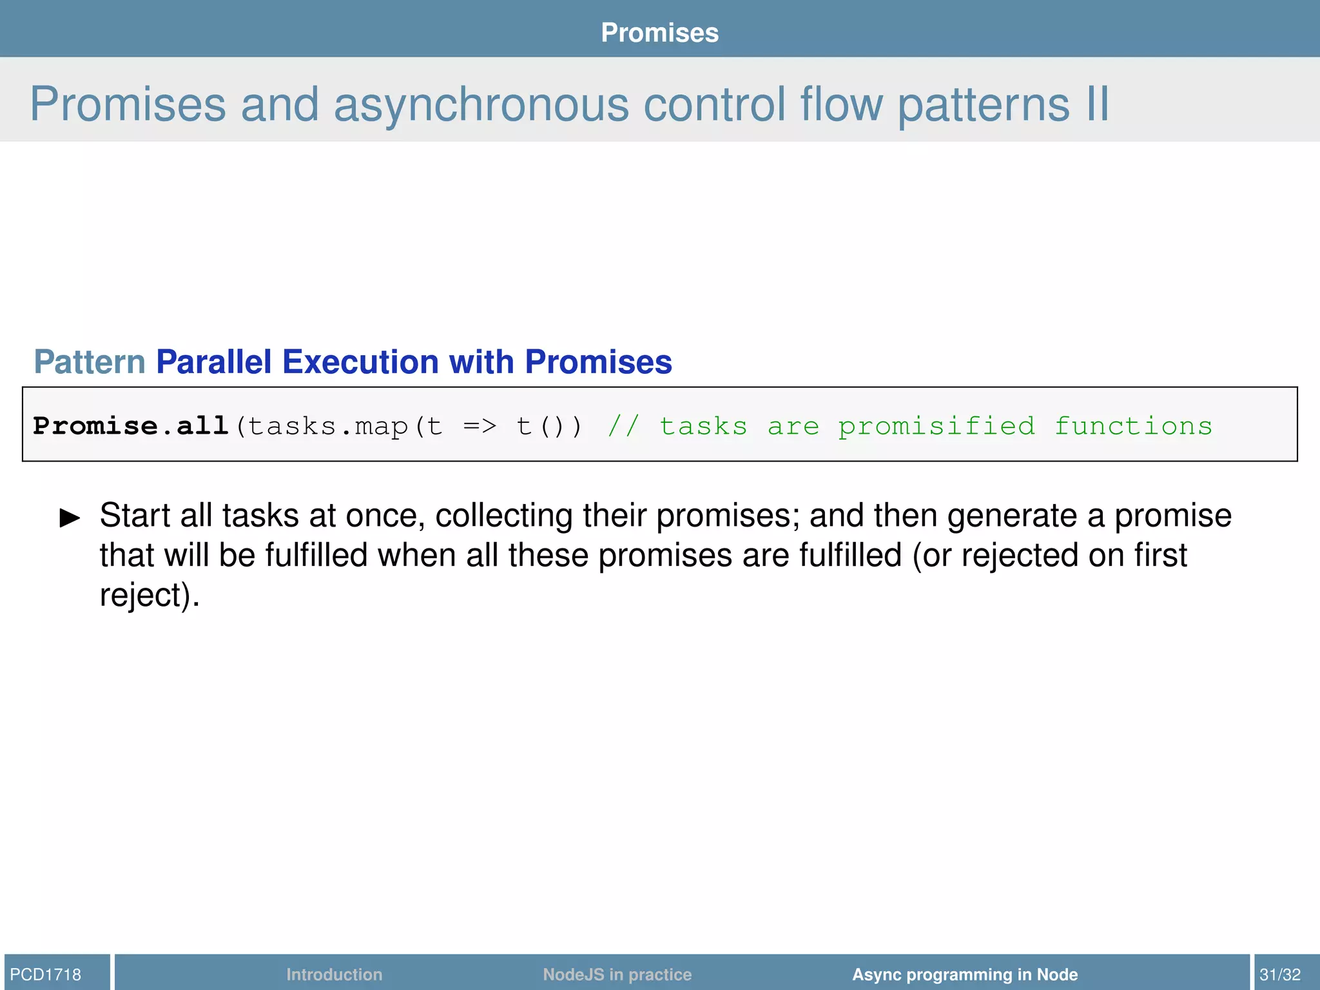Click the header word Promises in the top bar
click(x=659, y=33)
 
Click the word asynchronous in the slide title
click(x=480, y=104)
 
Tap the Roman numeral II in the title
click(x=1097, y=104)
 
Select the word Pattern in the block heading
click(x=90, y=362)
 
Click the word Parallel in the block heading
click(x=213, y=362)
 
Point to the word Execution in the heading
click(x=360, y=362)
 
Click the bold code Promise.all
click(x=131, y=426)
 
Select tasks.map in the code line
click(x=327, y=427)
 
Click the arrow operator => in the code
click(x=480, y=427)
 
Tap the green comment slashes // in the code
click(x=623, y=427)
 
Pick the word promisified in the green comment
click(x=936, y=427)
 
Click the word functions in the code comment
click(x=1133, y=427)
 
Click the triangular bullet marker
click(x=70, y=518)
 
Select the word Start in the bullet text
click(x=135, y=516)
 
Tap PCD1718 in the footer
click(x=46, y=974)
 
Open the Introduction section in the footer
click(x=334, y=974)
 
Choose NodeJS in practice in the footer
click(x=617, y=974)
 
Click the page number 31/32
click(x=1280, y=974)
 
